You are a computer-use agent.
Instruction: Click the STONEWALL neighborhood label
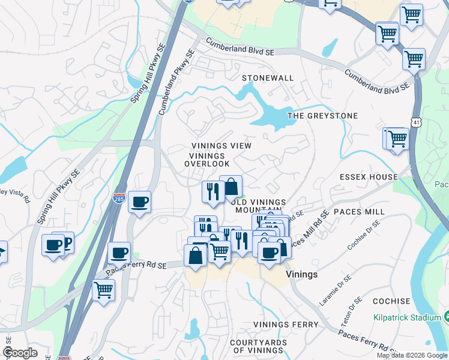268,79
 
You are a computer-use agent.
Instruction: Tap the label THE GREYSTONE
322,116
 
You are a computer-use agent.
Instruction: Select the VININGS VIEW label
221,146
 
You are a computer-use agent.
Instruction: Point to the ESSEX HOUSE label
369,177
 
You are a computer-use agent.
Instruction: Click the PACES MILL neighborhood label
360,212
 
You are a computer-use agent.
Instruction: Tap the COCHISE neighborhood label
391,301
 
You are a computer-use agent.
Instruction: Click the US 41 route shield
416,122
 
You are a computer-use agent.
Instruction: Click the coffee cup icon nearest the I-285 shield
139,202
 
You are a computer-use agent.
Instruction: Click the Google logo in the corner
20,353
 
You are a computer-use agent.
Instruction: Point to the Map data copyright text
412,355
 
